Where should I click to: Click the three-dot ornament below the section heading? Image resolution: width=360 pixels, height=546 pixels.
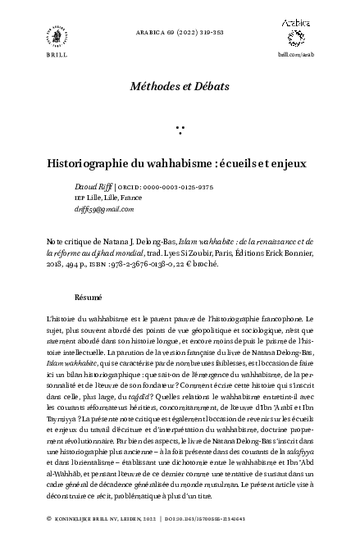180,129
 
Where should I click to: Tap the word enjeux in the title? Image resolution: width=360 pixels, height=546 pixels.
287,162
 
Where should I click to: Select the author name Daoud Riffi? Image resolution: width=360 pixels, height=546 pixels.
92,187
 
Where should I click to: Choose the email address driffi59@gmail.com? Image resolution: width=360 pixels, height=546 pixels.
103,209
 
